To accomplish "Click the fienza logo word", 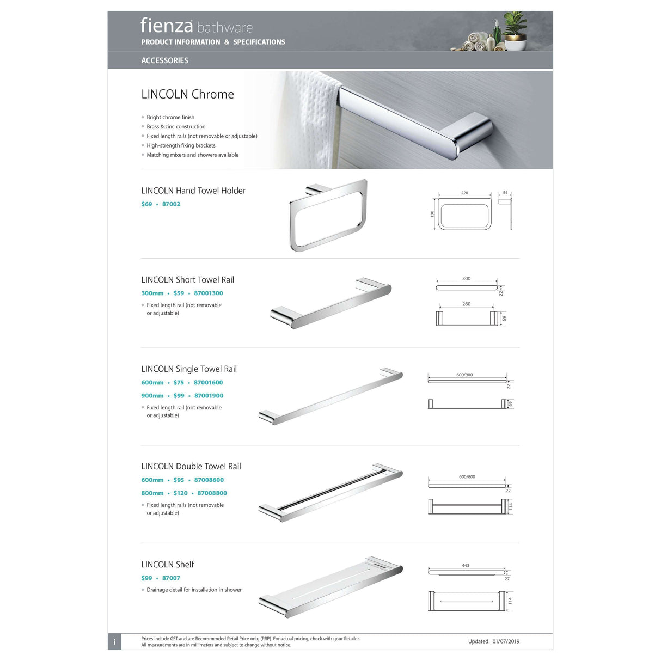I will tap(167, 25).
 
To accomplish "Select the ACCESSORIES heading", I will tap(164, 60).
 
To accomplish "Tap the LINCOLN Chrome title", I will tap(187, 94).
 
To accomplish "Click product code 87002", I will tap(171, 204).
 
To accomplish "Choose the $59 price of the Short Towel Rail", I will tap(179, 293).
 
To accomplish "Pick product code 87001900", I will tap(209, 396).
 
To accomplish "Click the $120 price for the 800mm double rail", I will tap(180, 493).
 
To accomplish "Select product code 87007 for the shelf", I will tap(171, 578).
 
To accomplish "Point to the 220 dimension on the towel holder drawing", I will tap(464, 193).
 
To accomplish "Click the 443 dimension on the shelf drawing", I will tap(466, 566).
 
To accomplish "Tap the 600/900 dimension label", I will tap(464, 375).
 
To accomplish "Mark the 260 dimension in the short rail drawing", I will tap(467, 304).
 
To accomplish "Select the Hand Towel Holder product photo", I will tap(328, 215).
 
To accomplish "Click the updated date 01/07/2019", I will tap(506, 641).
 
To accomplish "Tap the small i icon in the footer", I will tap(114, 642).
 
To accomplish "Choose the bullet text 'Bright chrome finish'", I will tap(170, 117).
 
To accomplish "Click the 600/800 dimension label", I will tap(467, 476).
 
